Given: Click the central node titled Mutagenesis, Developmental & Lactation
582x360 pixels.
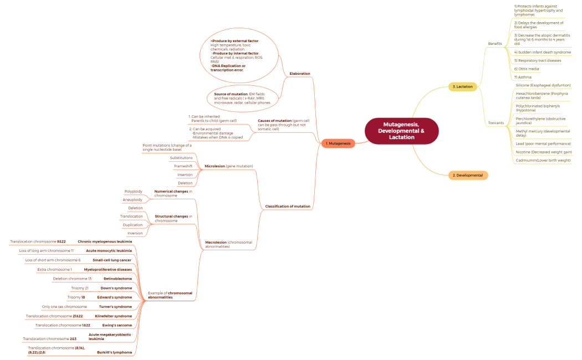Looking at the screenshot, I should coord(401,131).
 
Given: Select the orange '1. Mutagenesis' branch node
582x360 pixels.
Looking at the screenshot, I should coord(338,143).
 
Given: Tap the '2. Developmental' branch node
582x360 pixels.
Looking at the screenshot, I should coord(468,175).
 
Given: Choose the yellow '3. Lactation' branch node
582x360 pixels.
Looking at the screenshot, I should coord(462,86).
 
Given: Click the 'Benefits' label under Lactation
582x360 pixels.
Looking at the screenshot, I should coord(495,43).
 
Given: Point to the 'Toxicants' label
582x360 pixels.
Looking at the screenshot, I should coord(496,122).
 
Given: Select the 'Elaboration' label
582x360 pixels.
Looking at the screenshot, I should coord(300,74).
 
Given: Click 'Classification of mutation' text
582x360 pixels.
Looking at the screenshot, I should coord(288,207).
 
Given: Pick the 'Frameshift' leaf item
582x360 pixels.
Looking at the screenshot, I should coord(183,166).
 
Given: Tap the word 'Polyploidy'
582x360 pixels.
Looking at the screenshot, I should coord(133,191).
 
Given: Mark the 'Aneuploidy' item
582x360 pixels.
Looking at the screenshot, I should coord(133,199).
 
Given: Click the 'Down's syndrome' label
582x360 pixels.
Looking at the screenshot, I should coord(116,288).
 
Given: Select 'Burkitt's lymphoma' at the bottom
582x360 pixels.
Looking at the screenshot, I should coord(115,352).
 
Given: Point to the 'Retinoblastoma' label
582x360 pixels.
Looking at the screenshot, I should coord(118,279).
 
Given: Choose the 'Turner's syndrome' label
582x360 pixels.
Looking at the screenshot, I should coord(115,306).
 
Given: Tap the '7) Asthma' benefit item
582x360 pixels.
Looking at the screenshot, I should coord(523,77).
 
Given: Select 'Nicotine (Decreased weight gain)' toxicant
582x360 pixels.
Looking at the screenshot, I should coord(543,152).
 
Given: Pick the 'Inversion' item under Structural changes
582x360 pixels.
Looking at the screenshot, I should coord(135,233).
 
